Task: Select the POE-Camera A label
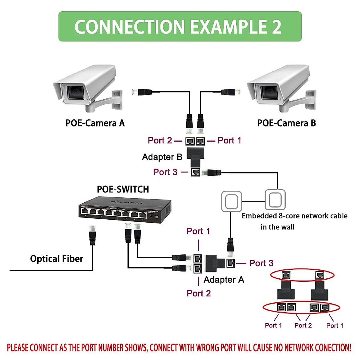click(x=95, y=123)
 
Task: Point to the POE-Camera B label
click(x=286, y=123)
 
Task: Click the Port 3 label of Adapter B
click(x=165, y=172)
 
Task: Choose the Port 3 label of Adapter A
click(x=261, y=263)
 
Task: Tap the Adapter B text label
click(x=162, y=157)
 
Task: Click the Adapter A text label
click(x=224, y=280)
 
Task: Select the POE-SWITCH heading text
click(x=123, y=189)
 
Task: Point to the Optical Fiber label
click(x=56, y=259)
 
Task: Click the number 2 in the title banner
click(x=277, y=27)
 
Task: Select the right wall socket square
click(x=275, y=199)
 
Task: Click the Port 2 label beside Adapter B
click(x=160, y=140)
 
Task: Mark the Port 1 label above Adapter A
click(x=198, y=231)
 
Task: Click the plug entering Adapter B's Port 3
click(x=212, y=172)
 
